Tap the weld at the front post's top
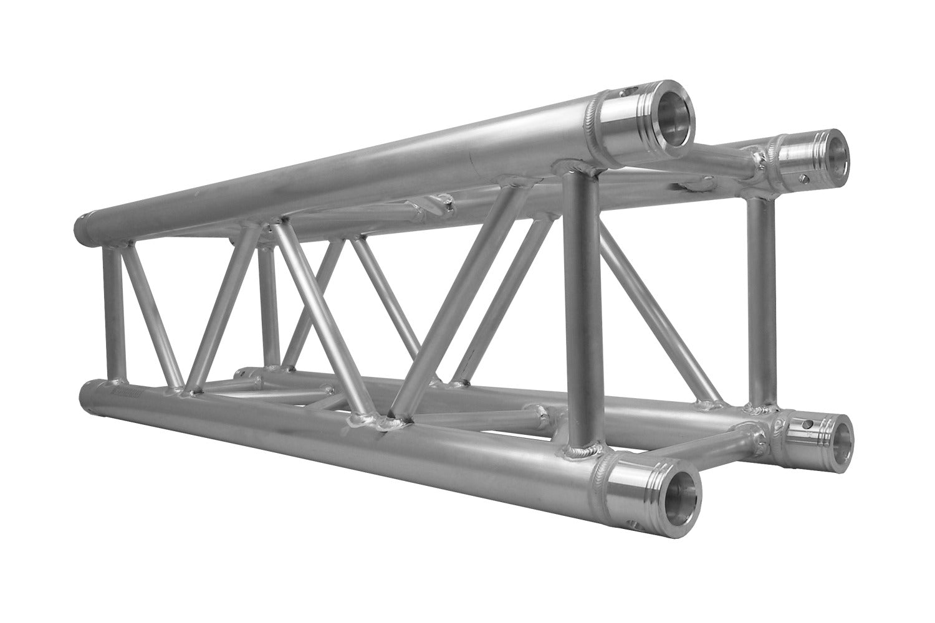pyautogui.click(x=577, y=166)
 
